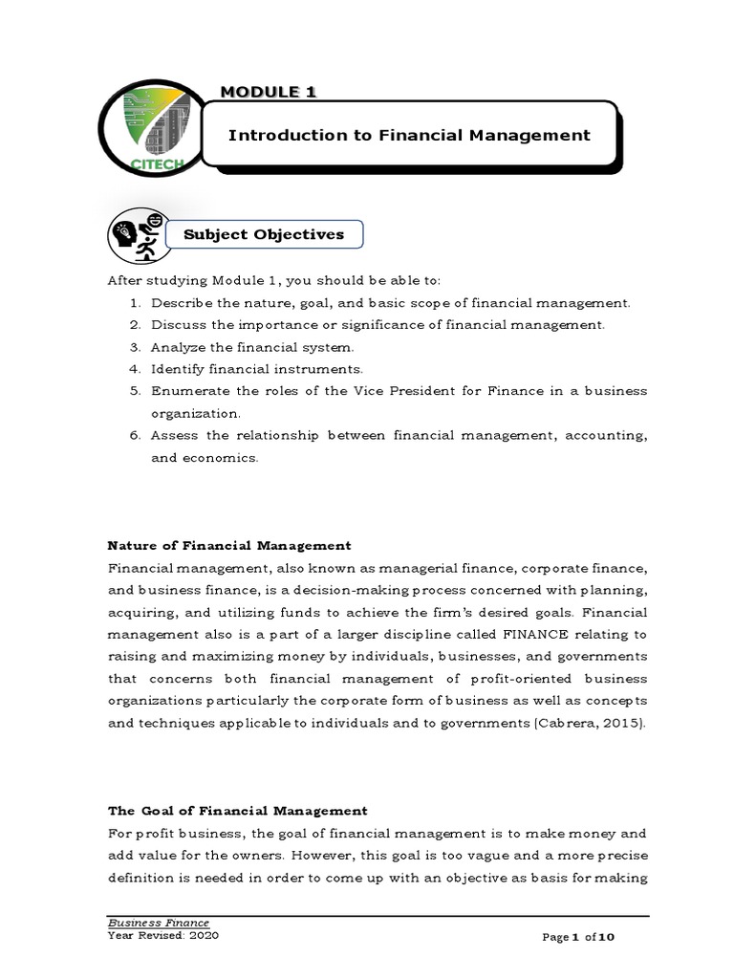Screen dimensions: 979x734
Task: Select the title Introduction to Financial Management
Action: (x=409, y=136)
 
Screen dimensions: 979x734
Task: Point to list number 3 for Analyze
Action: (x=135, y=346)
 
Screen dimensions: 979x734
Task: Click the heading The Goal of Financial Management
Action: (x=237, y=811)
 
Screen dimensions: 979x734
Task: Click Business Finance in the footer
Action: (x=158, y=923)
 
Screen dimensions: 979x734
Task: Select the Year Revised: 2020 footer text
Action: (x=162, y=936)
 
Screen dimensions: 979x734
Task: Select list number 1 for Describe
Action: (x=135, y=303)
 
